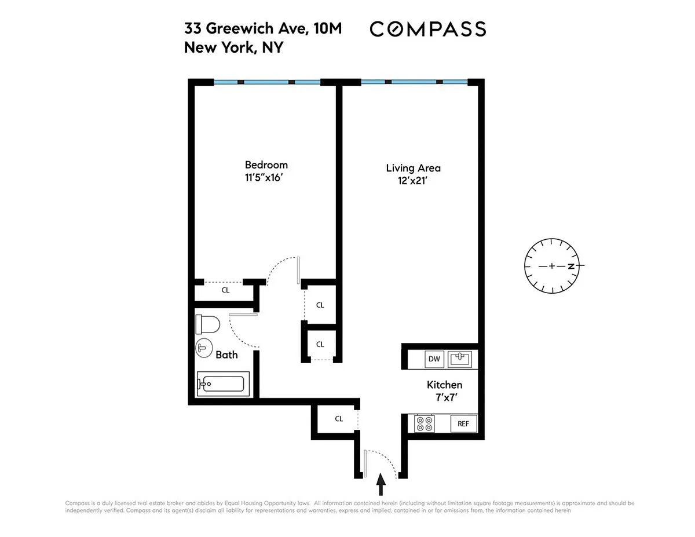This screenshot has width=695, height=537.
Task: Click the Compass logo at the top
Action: pyautogui.click(x=427, y=29)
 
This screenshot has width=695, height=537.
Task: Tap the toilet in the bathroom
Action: pyautogui.click(x=207, y=324)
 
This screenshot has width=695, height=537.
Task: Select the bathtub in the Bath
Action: pyautogui.click(x=223, y=384)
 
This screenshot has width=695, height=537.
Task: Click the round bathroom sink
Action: pyautogui.click(x=204, y=348)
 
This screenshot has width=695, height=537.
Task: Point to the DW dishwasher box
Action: pyautogui.click(x=434, y=359)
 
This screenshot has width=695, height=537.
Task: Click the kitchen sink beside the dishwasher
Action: pyautogui.click(x=460, y=359)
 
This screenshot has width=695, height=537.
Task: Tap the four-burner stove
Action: pyautogui.click(x=425, y=423)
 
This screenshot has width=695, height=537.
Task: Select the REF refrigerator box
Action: pyautogui.click(x=463, y=424)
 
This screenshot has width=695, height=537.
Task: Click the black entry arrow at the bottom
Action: pyautogui.click(x=381, y=484)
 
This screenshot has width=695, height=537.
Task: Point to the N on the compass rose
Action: pyautogui.click(x=571, y=266)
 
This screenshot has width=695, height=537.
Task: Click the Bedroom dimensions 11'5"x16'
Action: pyautogui.click(x=264, y=177)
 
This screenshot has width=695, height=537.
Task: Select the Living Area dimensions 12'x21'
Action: pyautogui.click(x=412, y=181)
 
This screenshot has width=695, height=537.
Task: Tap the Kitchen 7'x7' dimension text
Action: pyautogui.click(x=446, y=397)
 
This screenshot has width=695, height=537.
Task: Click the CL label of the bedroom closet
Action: pyautogui.click(x=225, y=290)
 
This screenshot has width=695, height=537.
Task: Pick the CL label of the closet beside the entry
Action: pyautogui.click(x=339, y=419)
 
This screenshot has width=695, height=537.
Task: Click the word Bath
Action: pyautogui.click(x=227, y=355)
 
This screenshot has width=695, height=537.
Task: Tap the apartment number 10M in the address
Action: pyautogui.click(x=328, y=28)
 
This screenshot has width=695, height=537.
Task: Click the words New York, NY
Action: pyautogui.click(x=234, y=48)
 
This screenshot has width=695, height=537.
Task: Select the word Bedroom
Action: pyautogui.click(x=266, y=165)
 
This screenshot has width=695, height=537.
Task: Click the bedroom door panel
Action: pyautogui.click(x=298, y=270)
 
